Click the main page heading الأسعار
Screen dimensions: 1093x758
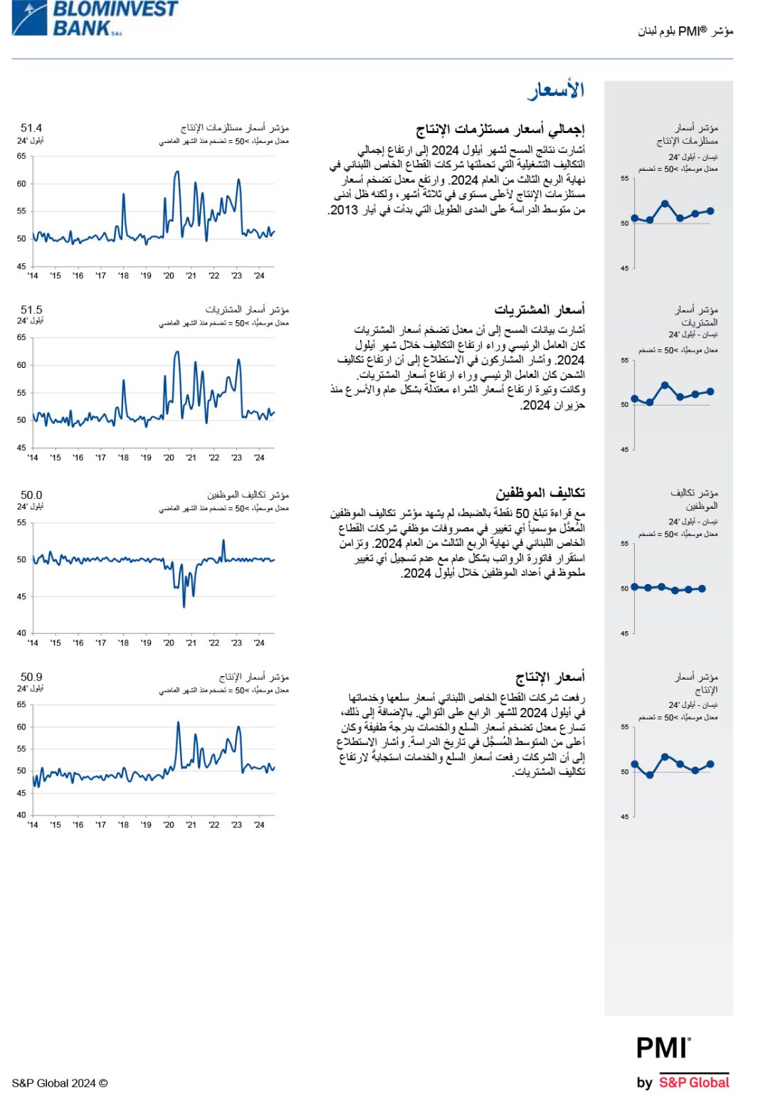555,90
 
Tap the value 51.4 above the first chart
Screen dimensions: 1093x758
31,128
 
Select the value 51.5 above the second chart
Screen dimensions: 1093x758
31,310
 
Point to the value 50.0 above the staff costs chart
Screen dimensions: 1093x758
31,495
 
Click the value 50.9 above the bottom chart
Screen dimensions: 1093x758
31,677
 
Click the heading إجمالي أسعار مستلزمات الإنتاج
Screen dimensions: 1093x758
500,130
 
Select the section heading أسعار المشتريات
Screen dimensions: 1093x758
539,310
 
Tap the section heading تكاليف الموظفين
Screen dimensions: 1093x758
540,492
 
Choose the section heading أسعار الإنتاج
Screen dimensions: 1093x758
549,677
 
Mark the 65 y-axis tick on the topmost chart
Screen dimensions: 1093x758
21,156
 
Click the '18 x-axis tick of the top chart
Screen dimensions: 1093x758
123,276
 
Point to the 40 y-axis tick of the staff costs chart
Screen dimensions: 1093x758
21,633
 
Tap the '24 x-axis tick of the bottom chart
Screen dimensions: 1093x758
259,825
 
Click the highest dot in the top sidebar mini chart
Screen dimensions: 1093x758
665,204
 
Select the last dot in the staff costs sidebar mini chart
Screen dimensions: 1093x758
702,588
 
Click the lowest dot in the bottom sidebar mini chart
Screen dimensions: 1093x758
650,775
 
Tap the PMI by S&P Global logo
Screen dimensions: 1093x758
682,1062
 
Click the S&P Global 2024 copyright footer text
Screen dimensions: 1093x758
60,1083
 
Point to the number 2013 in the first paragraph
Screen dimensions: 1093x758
344,211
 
